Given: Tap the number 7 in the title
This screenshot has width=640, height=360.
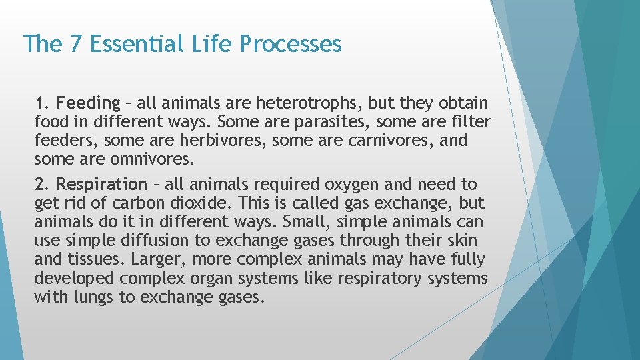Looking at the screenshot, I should tap(75, 44).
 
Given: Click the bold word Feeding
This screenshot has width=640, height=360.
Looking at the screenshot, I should tap(87, 103).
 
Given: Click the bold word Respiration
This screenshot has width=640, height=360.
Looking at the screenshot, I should tap(101, 184).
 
